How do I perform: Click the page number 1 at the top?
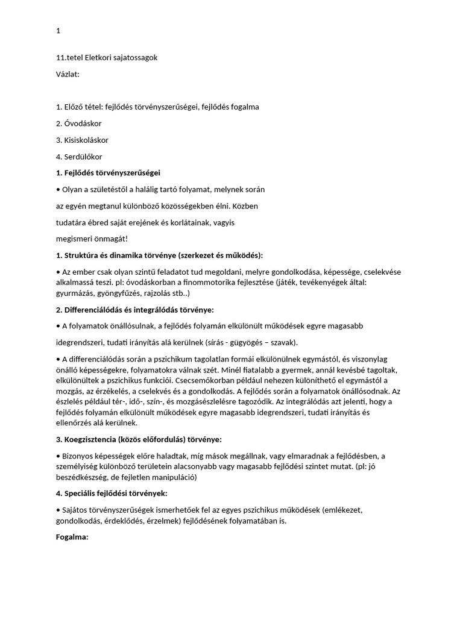pyautogui.click(x=58, y=31)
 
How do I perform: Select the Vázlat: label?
pyautogui.click(x=68, y=74)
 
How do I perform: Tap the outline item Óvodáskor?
pyautogui.click(x=82, y=124)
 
